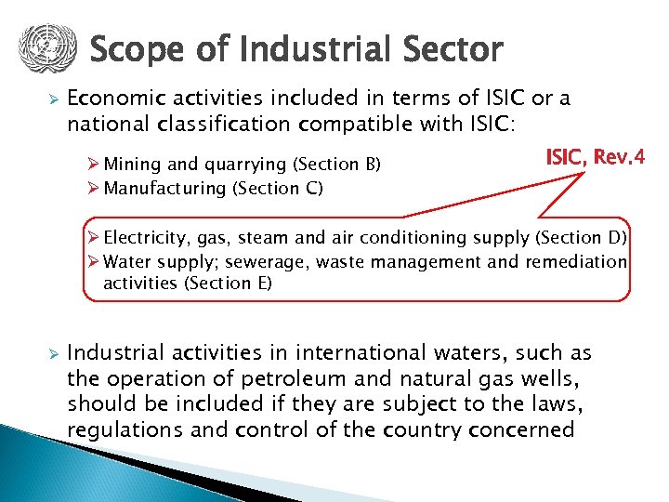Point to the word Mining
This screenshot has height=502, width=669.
pos(133,165)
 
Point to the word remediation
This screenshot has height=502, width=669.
pos(576,261)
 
